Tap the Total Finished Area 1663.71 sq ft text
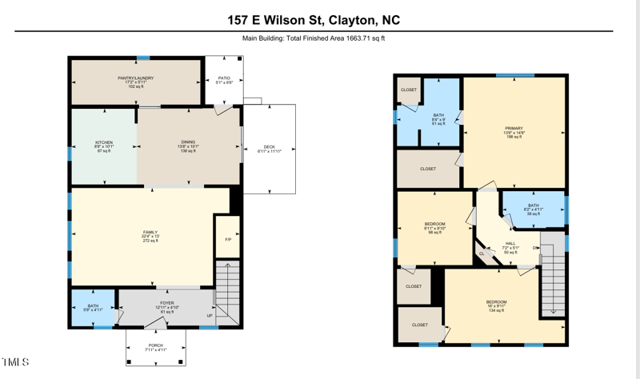319,38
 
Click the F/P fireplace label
228,241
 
